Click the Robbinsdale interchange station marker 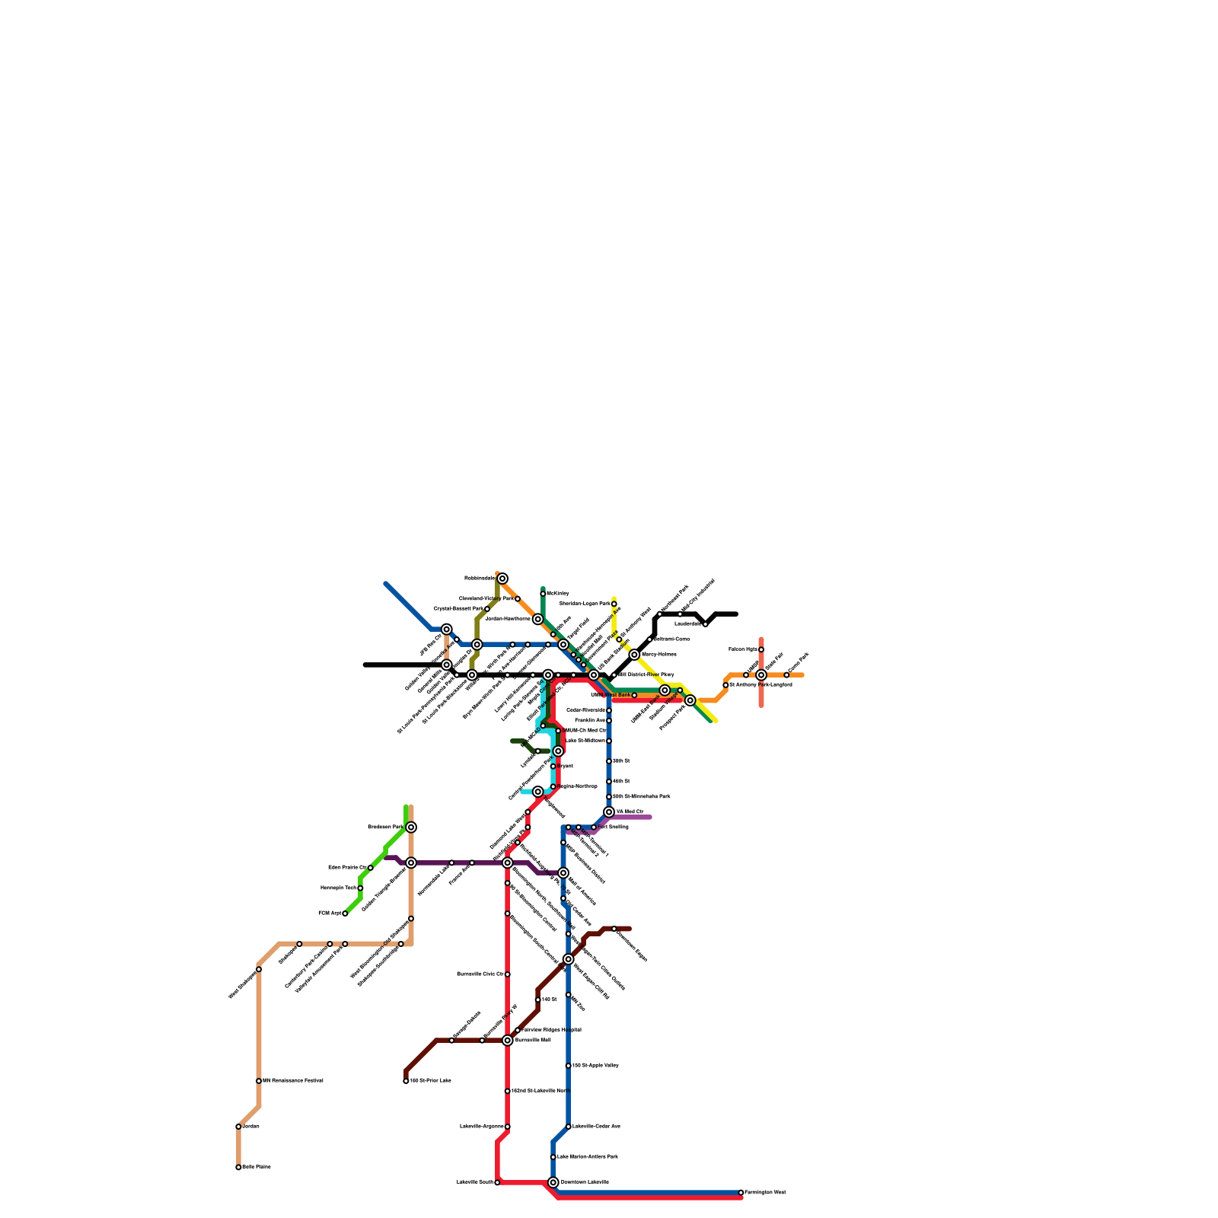tap(502, 579)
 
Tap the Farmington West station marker tap(741, 1192)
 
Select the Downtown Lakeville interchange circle tap(553, 1182)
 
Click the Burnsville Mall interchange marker tap(508, 1040)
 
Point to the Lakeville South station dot tap(497, 1182)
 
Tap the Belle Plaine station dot tap(238, 1167)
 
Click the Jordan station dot tap(238, 1127)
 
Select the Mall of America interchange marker tap(563, 872)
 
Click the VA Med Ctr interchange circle tap(609, 811)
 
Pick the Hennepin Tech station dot tap(360, 888)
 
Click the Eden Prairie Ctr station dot tap(371, 868)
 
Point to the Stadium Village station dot tap(680, 690)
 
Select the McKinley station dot tap(543, 594)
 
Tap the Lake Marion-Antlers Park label tap(587, 1156)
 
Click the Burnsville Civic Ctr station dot tap(508, 974)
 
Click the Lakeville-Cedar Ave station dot tap(569, 1127)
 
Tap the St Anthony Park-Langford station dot tap(725, 685)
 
